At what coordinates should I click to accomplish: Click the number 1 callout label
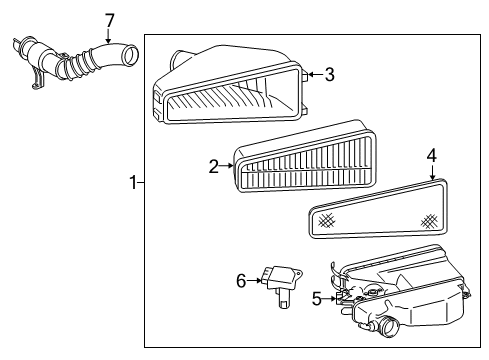[x=131, y=182]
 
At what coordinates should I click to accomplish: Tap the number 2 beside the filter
[x=213, y=166]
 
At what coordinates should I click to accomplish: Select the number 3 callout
[x=329, y=73]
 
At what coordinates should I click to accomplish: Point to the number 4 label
[x=431, y=155]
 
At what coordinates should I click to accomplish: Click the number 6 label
[x=241, y=281]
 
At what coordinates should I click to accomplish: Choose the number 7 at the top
[x=109, y=19]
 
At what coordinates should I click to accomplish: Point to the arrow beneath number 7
[x=109, y=36]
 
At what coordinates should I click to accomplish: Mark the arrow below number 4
[x=431, y=172]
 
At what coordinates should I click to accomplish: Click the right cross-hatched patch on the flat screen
[x=430, y=219]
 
